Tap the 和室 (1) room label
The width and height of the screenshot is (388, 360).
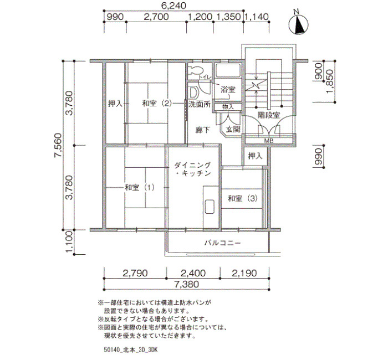(140, 188)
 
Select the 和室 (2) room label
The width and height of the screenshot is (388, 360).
(156, 104)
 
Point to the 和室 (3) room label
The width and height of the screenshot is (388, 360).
(243, 198)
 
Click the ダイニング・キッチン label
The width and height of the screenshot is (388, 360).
(192, 169)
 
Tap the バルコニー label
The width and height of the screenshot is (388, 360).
(222, 243)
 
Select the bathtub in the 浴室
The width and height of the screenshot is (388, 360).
(228, 70)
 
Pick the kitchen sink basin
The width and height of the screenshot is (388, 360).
(210, 206)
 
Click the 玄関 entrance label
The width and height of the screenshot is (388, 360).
(233, 129)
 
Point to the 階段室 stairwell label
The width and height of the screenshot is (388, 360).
(268, 115)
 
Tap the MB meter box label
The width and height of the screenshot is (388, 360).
(269, 141)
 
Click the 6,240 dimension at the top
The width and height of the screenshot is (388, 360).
(173, 6)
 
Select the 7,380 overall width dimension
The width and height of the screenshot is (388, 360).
(186, 284)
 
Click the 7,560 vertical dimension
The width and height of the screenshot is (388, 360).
(58, 145)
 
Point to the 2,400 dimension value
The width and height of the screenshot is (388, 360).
(193, 273)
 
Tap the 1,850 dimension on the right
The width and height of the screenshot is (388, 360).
(330, 81)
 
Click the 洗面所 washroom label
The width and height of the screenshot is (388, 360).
(200, 104)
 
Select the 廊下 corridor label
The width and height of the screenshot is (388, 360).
(203, 130)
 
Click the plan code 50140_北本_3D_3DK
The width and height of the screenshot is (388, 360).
(131, 350)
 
